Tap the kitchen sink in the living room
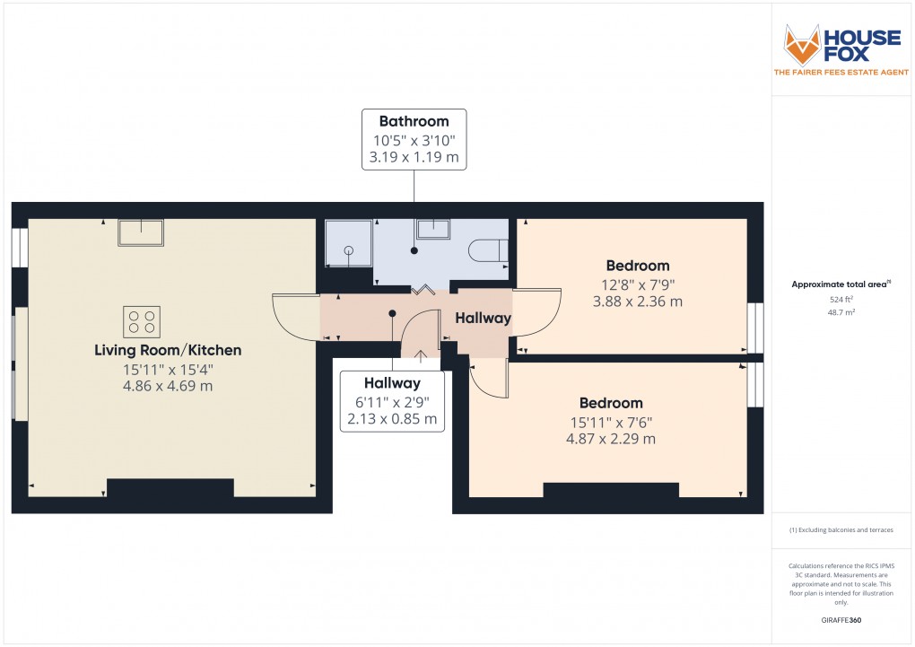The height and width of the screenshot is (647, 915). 141,232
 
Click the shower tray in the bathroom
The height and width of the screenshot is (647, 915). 348,242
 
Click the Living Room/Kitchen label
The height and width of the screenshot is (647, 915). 168,350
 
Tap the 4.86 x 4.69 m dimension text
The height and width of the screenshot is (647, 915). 168,386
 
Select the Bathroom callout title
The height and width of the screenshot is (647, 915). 414,121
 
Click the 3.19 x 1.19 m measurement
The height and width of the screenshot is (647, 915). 414,158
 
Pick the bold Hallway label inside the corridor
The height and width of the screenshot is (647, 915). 483,318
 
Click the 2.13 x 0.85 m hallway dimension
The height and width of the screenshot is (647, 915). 392,419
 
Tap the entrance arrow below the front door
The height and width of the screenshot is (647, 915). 421,354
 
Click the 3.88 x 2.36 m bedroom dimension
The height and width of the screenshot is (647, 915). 637,302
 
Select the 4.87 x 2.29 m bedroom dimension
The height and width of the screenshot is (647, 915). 610,439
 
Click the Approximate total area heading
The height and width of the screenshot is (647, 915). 840,284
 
